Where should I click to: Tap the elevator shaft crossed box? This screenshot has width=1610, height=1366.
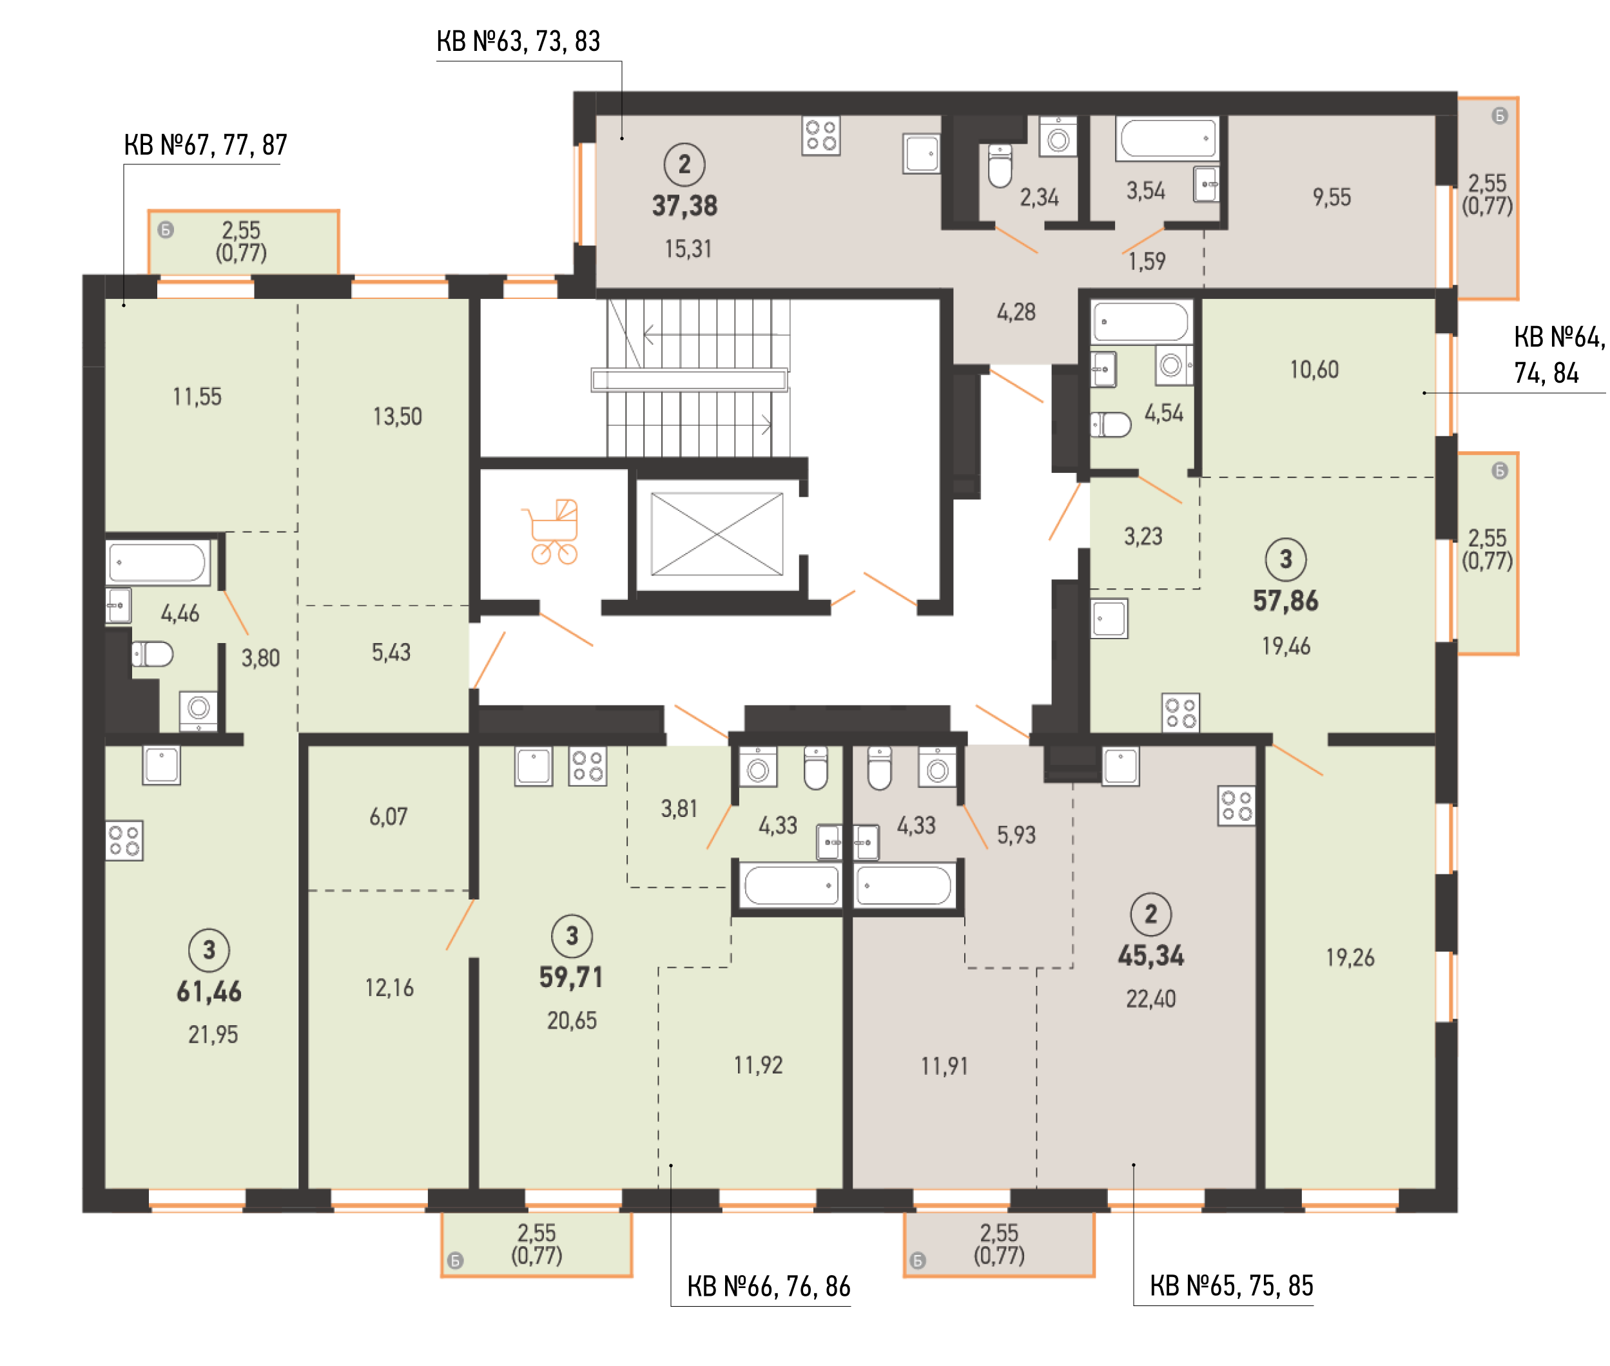click(x=716, y=534)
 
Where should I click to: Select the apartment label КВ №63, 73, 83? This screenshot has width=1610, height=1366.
click(x=518, y=41)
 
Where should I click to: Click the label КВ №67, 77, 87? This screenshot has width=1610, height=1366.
click(x=205, y=145)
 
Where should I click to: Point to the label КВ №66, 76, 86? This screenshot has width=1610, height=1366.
click(x=768, y=1286)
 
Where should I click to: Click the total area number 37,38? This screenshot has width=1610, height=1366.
click(x=684, y=206)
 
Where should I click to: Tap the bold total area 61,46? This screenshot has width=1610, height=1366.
click(x=209, y=992)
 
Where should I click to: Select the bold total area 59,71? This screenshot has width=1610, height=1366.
click(x=572, y=977)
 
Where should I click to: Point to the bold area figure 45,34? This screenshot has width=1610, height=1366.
click(x=1150, y=956)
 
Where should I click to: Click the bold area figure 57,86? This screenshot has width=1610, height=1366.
click(x=1286, y=601)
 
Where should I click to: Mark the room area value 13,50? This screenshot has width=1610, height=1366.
click(x=397, y=417)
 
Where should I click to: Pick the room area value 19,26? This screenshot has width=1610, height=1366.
click(x=1350, y=958)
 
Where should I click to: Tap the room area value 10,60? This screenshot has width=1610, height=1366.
click(x=1314, y=369)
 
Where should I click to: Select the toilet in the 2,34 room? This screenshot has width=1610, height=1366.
click(x=1000, y=166)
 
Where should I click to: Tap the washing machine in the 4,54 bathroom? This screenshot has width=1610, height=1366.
click(x=1172, y=365)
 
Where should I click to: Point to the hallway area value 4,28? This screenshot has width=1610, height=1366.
click(x=1015, y=312)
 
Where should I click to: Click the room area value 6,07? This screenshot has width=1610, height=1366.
click(x=388, y=816)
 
